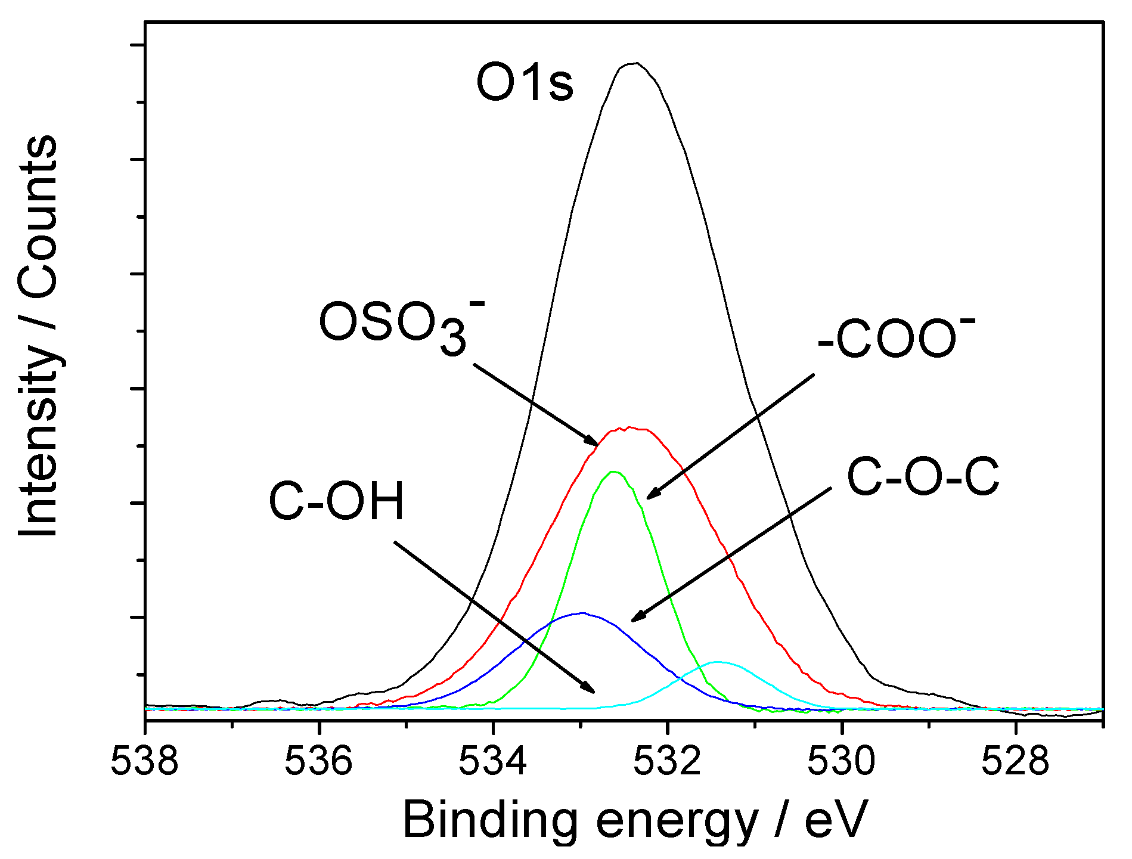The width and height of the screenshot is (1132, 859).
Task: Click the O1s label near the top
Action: click(525, 84)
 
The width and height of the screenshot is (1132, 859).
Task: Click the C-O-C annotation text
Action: click(923, 477)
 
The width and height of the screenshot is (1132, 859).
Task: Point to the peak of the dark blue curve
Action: click(582, 613)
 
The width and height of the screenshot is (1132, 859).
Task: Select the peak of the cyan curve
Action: click(720, 662)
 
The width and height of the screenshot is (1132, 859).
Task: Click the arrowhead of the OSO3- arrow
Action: click(596, 444)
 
